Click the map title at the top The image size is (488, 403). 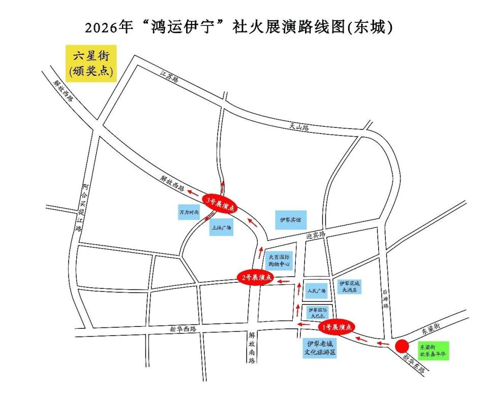pyautogui.click(x=239, y=27)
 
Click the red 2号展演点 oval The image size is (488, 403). pyautogui.click(x=256, y=277)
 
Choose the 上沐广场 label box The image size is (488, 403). pyautogui.click(x=221, y=228)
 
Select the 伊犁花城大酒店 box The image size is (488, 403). pyautogui.click(x=350, y=287)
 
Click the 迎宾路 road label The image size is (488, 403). pyautogui.click(x=315, y=234)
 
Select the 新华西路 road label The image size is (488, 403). pyautogui.click(x=183, y=329)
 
